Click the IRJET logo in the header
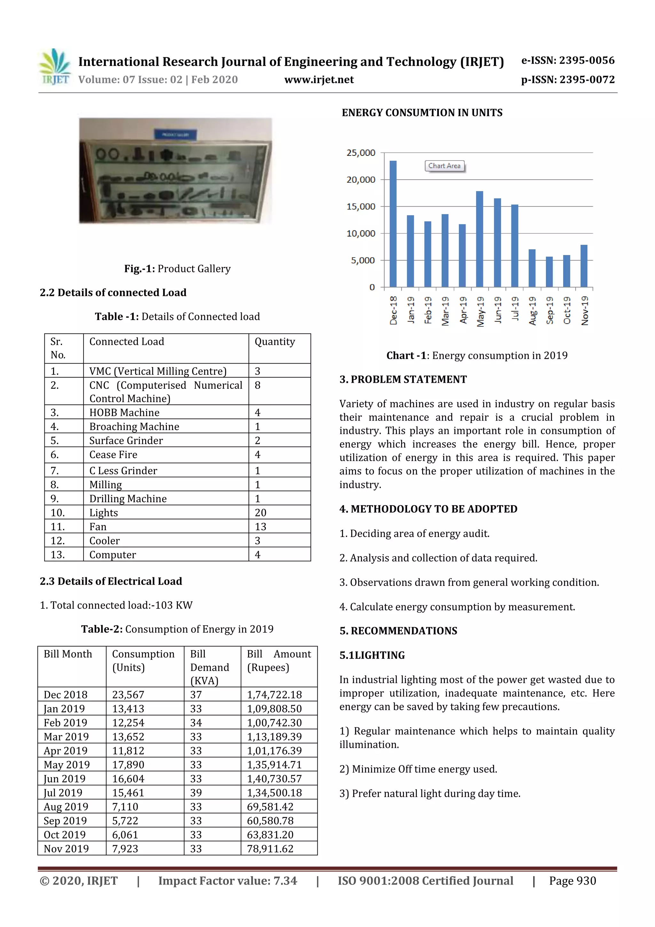(55, 67)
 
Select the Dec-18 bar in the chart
(393, 224)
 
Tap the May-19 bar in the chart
(479, 239)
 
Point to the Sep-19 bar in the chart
(549, 272)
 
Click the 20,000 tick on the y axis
(360, 180)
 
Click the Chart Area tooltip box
(444, 166)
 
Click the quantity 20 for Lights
(260, 512)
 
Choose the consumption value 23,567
(128, 694)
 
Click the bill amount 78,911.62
(270, 849)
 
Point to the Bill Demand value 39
(196, 793)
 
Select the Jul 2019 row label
(63, 793)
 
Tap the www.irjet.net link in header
(319, 80)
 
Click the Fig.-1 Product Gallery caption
(177, 269)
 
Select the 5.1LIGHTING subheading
(372, 655)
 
